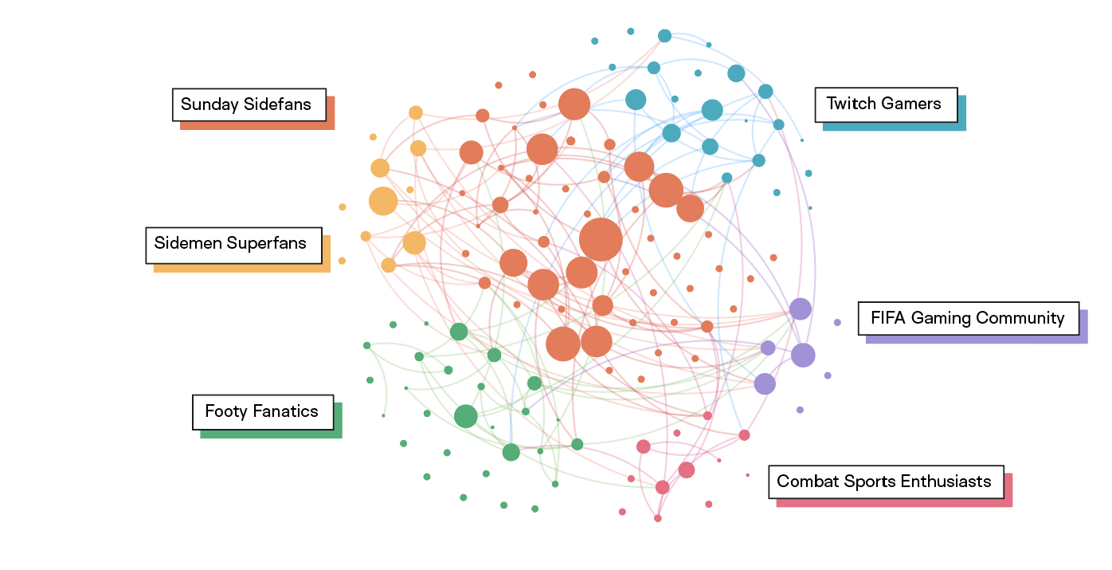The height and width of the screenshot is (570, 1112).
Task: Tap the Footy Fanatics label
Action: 262,412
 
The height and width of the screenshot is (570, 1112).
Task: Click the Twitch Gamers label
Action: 886,104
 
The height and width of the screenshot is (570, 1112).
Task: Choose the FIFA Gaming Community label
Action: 968,319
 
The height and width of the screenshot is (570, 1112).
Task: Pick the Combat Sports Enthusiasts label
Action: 885,482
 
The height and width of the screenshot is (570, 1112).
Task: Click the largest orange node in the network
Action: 601,238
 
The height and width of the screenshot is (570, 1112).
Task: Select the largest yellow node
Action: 383,201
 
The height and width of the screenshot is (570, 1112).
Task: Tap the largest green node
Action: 466,416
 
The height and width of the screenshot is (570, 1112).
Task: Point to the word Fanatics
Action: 285,412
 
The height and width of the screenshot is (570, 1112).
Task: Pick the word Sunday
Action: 204,104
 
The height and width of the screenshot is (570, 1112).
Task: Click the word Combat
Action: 803,482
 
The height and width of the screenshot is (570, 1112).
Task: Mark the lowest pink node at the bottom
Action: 658,518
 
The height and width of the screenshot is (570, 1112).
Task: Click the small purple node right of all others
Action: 837,323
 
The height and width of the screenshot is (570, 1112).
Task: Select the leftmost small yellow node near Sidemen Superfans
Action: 343,207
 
